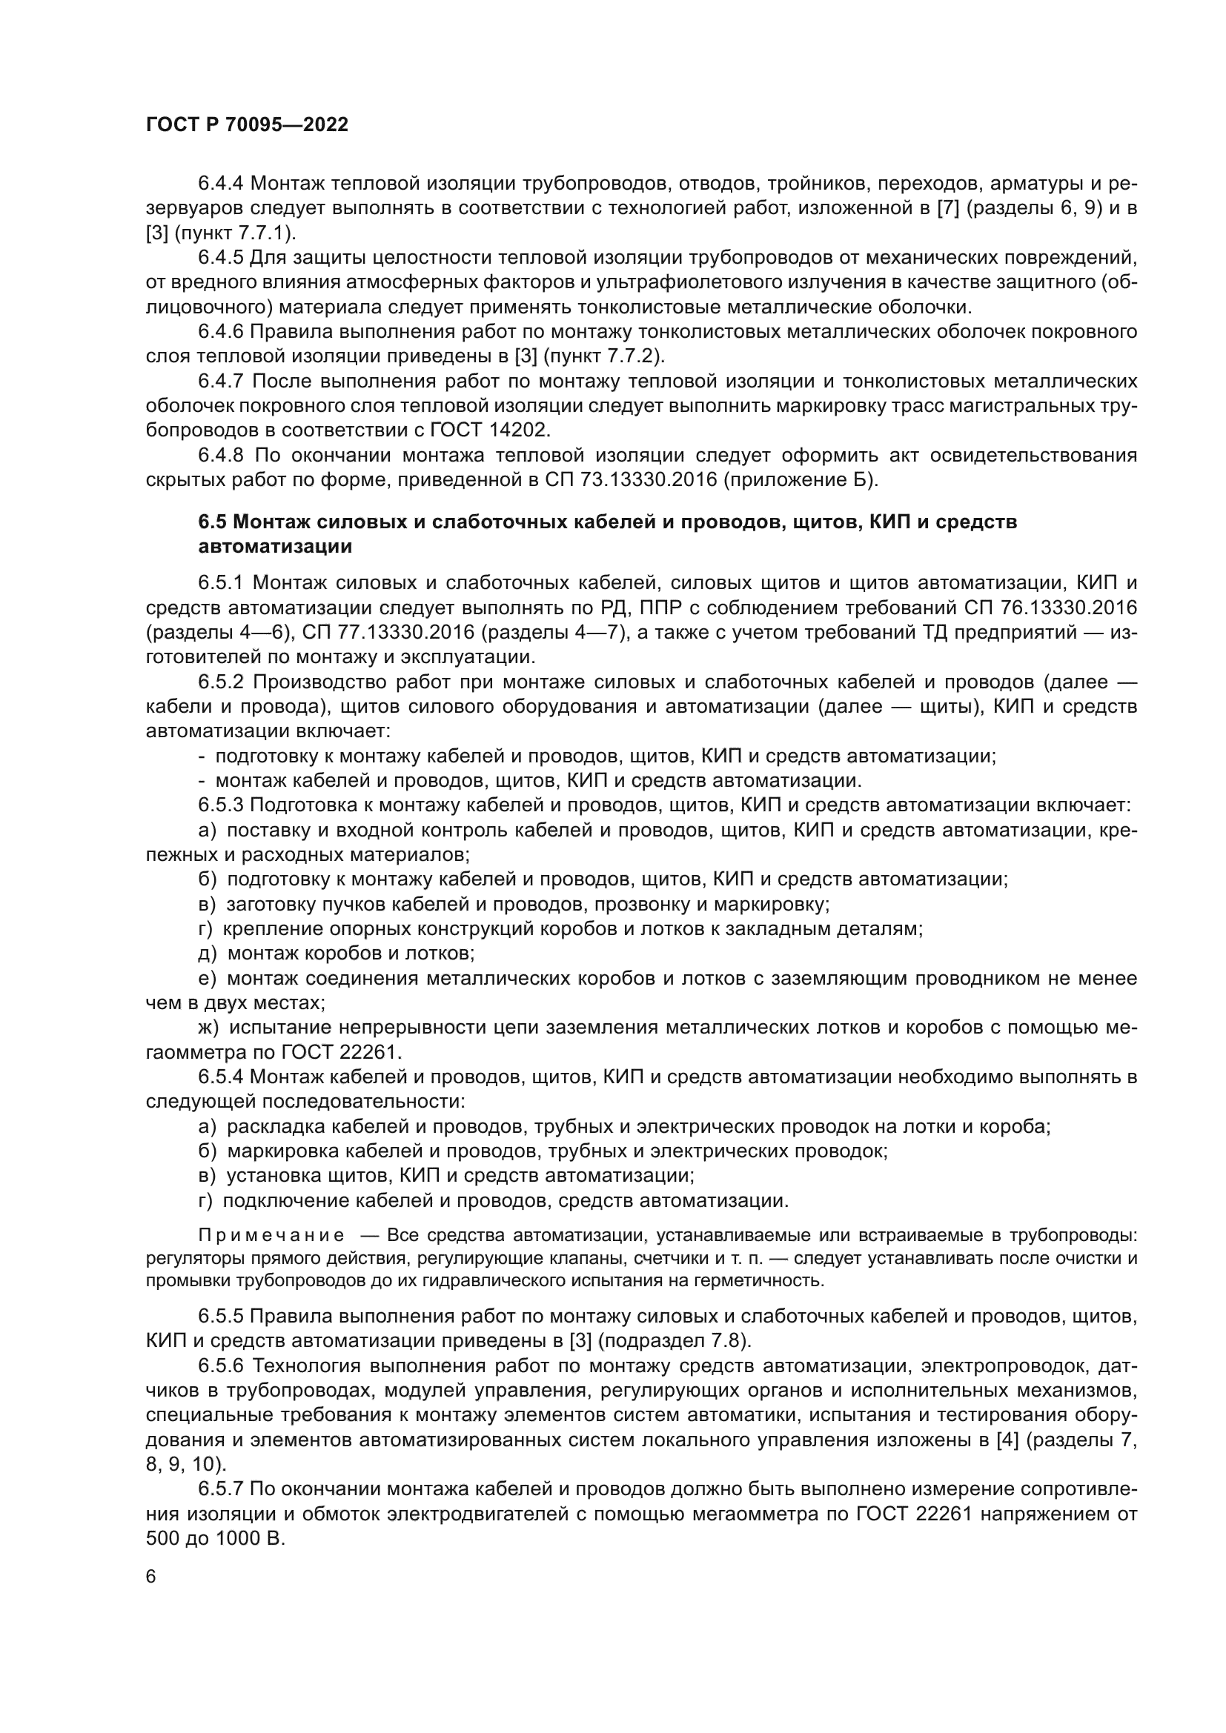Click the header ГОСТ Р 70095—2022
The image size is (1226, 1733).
tap(247, 125)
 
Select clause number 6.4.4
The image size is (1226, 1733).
tap(220, 184)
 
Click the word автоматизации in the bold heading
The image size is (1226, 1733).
tap(275, 548)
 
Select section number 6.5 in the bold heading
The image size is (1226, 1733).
tap(213, 522)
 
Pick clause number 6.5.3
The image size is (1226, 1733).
tap(220, 805)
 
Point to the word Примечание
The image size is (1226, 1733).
tap(271, 1236)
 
